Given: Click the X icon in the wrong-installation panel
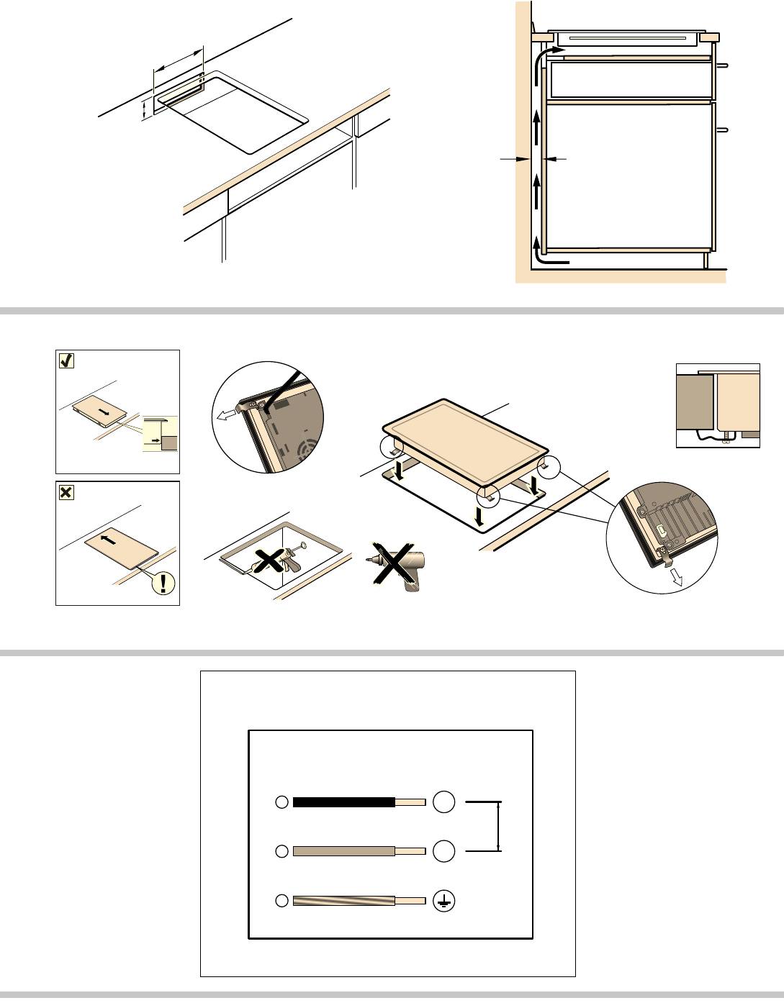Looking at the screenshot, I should click(66, 493).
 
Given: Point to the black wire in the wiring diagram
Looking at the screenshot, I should click(344, 802).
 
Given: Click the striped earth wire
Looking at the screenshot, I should click(344, 900).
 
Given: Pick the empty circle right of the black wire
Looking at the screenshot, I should click(444, 802).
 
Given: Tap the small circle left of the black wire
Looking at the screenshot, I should click(281, 802).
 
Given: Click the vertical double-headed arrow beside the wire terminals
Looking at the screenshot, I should click(500, 826).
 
